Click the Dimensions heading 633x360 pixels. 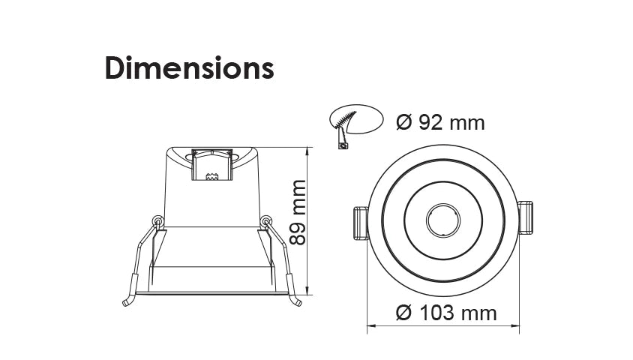pyautogui.click(x=189, y=68)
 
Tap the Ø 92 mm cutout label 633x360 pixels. pyautogui.click(x=439, y=122)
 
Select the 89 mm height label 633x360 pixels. pyautogui.click(x=298, y=212)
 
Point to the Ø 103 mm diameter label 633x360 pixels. pyautogui.click(x=446, y=313)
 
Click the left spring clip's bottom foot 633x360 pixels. pyautogui.click(x=127, y=302)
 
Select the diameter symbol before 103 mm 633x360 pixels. pyautogui.click(x=403, y=313)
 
